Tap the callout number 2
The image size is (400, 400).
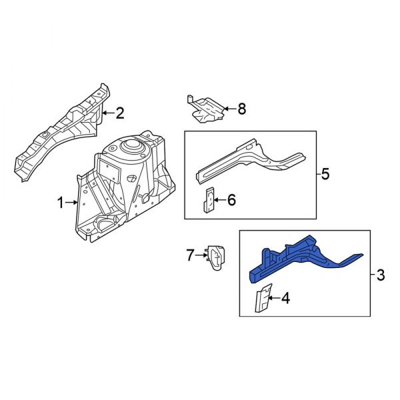click(120, 113)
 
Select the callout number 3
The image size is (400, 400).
click(381, 274)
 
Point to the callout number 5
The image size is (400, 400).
click(325, 175)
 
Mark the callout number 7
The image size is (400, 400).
click(189, 254)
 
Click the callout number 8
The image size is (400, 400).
click(241, 108)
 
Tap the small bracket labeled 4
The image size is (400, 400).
click(263, 299)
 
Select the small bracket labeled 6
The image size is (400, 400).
click(209, 199)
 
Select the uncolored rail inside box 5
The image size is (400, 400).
click(247, 160)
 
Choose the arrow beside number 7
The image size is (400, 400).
click(201, 254)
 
